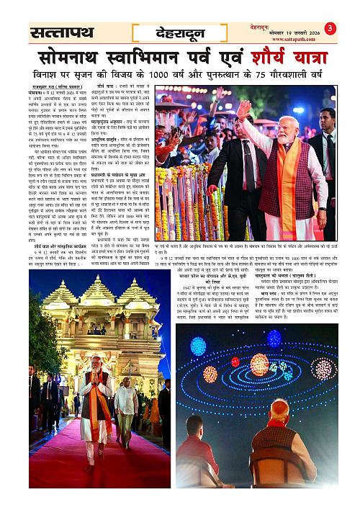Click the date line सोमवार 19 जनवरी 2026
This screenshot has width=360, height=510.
[297, 30]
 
